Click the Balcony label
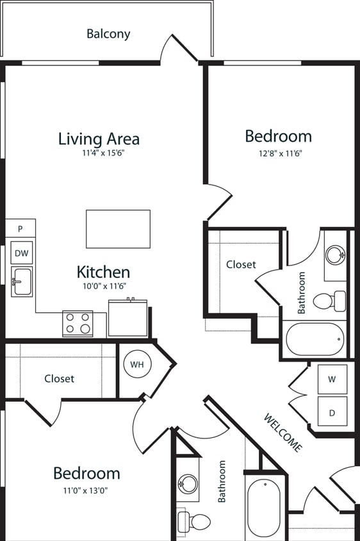pos(108,34)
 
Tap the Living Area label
pos(99,138)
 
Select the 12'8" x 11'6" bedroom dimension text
pos(278,154)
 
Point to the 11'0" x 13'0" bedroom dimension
pos(86,492)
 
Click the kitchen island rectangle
pos(118,229)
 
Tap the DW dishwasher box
pos(21,253)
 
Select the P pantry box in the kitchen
pos(20,228)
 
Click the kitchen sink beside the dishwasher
pos(21,281)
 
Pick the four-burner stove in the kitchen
pos(78,323)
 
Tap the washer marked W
pos(332,379)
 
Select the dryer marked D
pos(332,412)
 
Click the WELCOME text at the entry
pos(282,433)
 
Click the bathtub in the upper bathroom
pos(315,338)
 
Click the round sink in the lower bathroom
pos(188,482)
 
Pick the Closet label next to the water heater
pos(60,379)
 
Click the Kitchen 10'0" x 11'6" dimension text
pos(103,287)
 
